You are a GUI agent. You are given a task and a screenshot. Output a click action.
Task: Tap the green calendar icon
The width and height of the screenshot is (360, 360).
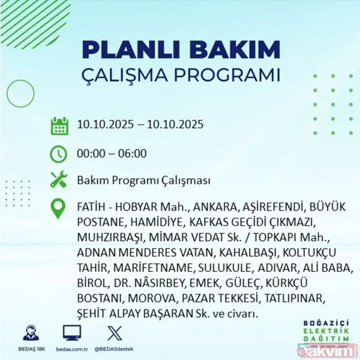point(59,126)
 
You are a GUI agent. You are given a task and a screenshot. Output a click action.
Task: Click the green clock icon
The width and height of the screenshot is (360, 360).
point(59,154)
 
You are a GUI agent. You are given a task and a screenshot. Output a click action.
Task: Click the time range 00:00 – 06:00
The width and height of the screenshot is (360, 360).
point(112,154)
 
